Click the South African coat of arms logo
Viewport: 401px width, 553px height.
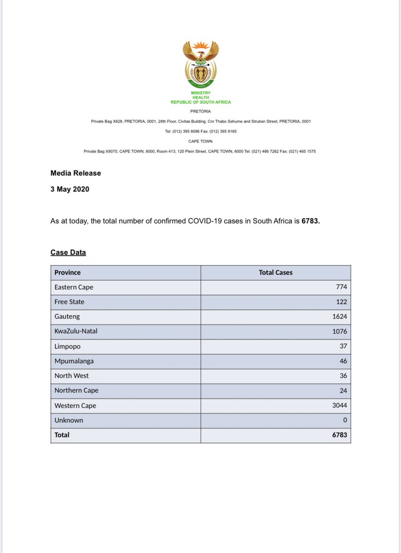(201, 65)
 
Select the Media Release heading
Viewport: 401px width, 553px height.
(76, 173)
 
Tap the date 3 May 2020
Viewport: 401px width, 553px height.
(70, 189)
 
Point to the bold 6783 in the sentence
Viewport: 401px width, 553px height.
(310, 221)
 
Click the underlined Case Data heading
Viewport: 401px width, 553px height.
(68, 253)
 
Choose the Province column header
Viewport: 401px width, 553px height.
(67, 272)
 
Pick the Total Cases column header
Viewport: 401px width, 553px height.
(275, 272)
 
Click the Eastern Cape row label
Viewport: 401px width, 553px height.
(74, 287)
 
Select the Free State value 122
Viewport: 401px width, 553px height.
(341, 302)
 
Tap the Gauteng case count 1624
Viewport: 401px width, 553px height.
(339, 317)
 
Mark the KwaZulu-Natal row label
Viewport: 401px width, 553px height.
(76, 331)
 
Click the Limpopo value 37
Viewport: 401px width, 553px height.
(343, 346)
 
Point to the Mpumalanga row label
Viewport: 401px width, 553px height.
(74, 361)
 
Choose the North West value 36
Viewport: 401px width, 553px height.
(343, 376)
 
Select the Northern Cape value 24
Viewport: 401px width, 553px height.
(343, 390)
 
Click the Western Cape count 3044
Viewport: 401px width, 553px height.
(339, 406)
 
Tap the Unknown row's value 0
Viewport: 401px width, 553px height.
(345, 420)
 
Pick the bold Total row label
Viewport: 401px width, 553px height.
(62, 435)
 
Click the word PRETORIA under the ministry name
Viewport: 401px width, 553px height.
(201, 111)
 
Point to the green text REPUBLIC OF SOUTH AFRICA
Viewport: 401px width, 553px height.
(201, 102)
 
